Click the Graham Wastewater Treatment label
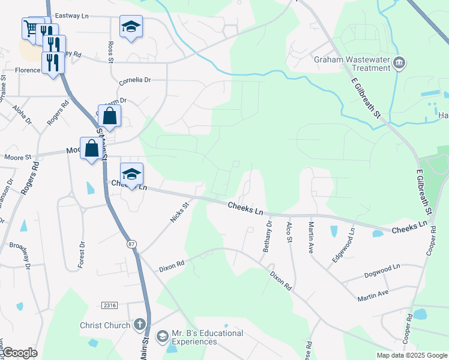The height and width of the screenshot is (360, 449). (x=352, y=64)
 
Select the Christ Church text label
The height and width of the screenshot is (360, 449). (x=105, y=326)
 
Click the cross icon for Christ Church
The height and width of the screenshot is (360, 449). (x=139, y=326)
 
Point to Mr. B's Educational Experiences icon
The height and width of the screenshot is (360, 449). (x=162, y=337)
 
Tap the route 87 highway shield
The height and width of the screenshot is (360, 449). (x=130, y=244)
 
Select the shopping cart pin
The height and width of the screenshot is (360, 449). (x=31, y=28)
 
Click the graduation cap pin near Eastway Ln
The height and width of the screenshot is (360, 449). (x=131, y=27)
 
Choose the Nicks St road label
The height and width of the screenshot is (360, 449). (x=179, y=212)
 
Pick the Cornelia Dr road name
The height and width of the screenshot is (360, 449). (x=134, y=79)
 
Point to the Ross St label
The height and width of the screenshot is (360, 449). (x=110, y=52)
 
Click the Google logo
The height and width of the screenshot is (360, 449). (x=20, y=353)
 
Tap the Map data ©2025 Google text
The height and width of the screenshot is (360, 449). (x=411, y=355)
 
